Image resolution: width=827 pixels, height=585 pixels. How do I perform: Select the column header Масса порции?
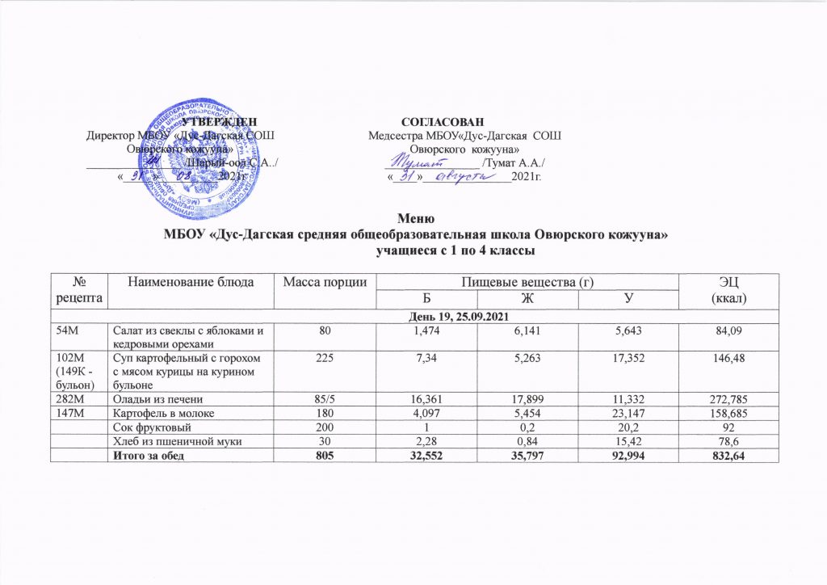[321, 281]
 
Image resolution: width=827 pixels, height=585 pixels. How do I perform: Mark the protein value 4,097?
[426, 412]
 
